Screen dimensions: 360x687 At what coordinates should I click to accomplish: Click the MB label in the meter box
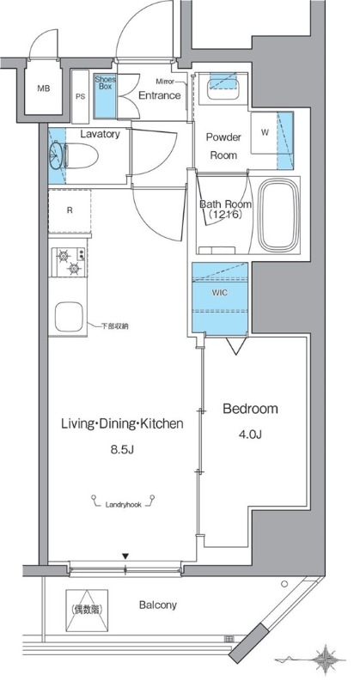pyautogui.click(x=43, y=88)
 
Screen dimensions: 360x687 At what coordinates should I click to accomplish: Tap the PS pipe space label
pyautogui.click(x=80, y=96)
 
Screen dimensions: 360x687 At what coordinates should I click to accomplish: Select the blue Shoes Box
pyautogui.click(x=104, y=96)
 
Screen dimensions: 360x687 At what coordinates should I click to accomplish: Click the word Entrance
pyautogui.click(x=160, y=95)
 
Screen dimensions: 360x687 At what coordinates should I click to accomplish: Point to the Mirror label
pyautogui.click(x=166, y=82)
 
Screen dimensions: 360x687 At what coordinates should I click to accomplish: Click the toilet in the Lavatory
pyautogui.click(x=82, y=155)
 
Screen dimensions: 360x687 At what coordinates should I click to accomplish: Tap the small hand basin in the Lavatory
pyautogui.click(x=56, y=155)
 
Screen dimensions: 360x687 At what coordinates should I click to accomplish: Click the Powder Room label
pyautogui.click(x=223, y=146)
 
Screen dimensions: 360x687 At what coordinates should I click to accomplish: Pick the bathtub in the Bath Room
pyautogui.click(x=278, y=216)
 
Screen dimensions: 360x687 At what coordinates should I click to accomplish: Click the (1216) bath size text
pyautogui.click(x=223, y=215)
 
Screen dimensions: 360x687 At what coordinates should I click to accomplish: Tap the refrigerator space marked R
pyautogui.click(x=70, y=210)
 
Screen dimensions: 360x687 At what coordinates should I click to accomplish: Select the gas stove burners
pyautogui.click(x=69, y=262)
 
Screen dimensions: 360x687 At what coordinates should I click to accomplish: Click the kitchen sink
pyautogui.click(x=69, y=317)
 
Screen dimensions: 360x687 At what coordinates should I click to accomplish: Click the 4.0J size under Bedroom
pyautogui.click(x=250, y=435)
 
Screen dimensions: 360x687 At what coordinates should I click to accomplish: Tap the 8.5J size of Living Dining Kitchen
pyautogui.click(x=121, y=449)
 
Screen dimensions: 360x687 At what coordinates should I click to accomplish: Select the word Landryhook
pyautogui.click(x=123, y=505)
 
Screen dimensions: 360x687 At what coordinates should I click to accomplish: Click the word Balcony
pyautogui.click(x=158, y=605)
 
